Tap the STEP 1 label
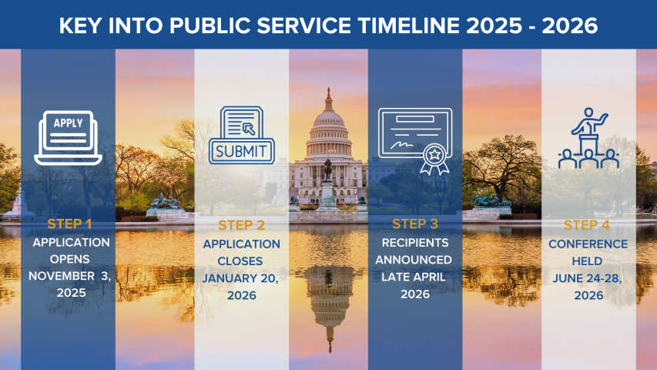[x=69, y=224]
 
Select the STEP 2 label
[x=241, y=225]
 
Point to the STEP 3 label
[x=414, y=224]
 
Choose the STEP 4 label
[x=588, y=225]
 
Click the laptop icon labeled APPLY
[x=69, y=137]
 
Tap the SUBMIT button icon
[x=241, y=150]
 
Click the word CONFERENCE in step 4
[x=588, y=244]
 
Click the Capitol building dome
[x=328, y=123]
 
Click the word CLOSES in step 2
[x=241, y=261]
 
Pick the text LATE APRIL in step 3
[x=414, y=277]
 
